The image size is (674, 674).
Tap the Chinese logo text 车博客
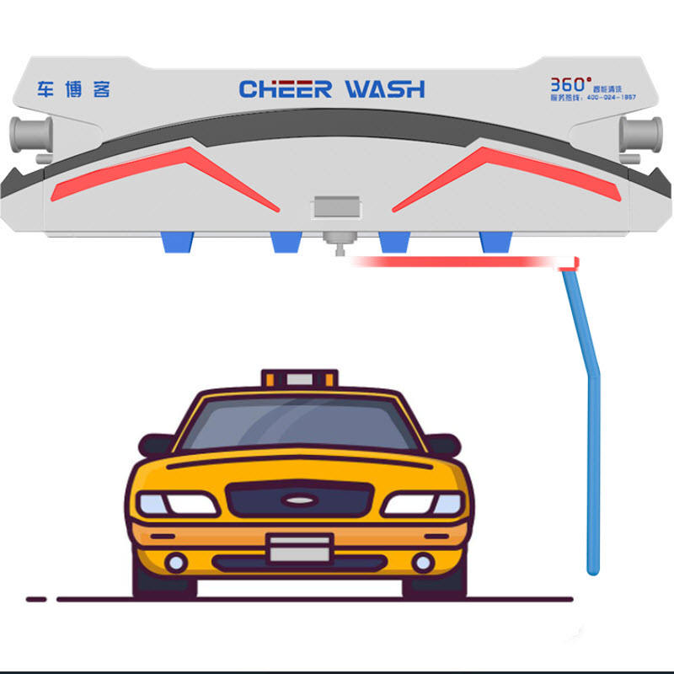[74, 89]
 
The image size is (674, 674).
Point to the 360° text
[570, 84]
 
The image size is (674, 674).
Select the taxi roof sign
[299, 378]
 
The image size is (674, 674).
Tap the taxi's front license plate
[299, 548]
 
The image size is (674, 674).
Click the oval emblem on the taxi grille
[298, 500]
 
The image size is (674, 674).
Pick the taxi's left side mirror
[157, 444]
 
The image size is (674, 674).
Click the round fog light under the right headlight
[422, 561]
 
